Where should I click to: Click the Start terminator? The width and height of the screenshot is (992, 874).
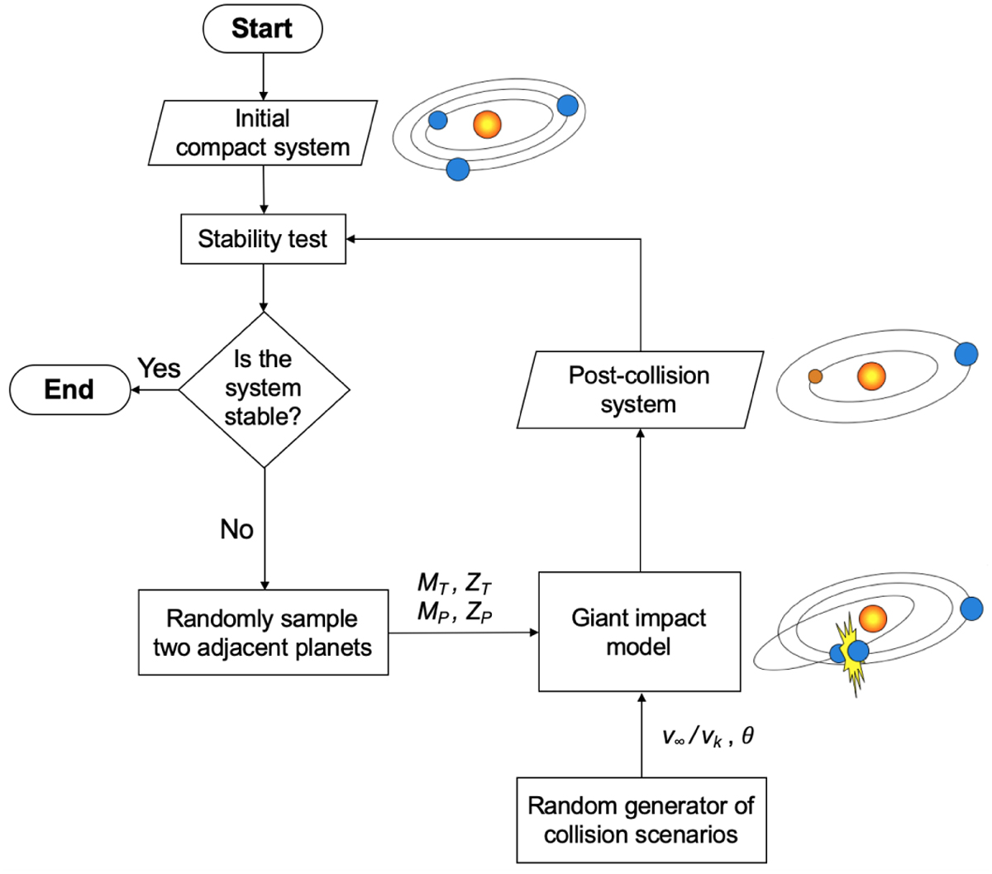[262, 29]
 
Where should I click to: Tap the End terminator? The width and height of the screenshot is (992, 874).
[69, 389]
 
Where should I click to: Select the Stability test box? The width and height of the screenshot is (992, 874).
[263, 240]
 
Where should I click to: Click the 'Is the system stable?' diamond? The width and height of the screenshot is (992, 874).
[264, 389]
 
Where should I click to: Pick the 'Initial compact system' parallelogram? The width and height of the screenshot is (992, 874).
[263, 133]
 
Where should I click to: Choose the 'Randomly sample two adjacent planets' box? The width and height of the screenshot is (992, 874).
[263, 633]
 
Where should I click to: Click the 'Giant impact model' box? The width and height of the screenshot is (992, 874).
[639, 632]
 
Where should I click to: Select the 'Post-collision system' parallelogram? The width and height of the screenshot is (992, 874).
[639, 389]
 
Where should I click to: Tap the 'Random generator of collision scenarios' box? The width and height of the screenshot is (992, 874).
[641, 819]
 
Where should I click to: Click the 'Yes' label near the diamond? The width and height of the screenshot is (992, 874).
[159, 368]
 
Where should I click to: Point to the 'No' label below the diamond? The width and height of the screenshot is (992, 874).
[236, 529]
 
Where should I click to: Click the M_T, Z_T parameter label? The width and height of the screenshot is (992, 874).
[455, 584]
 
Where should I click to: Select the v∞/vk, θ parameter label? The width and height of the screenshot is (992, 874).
[708, 736]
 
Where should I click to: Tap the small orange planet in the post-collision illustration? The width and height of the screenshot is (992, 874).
[815, 376]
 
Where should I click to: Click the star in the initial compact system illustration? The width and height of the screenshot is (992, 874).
[488, 124]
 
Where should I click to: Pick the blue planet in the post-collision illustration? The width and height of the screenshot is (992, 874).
[966, 354]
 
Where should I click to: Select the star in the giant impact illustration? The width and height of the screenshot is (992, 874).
[873, 618]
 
